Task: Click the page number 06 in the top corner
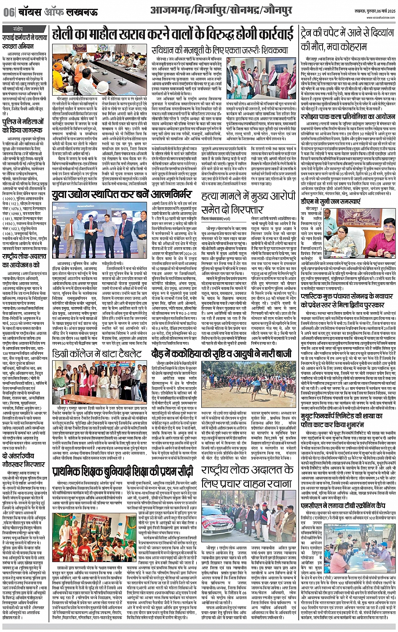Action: [8, 12]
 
